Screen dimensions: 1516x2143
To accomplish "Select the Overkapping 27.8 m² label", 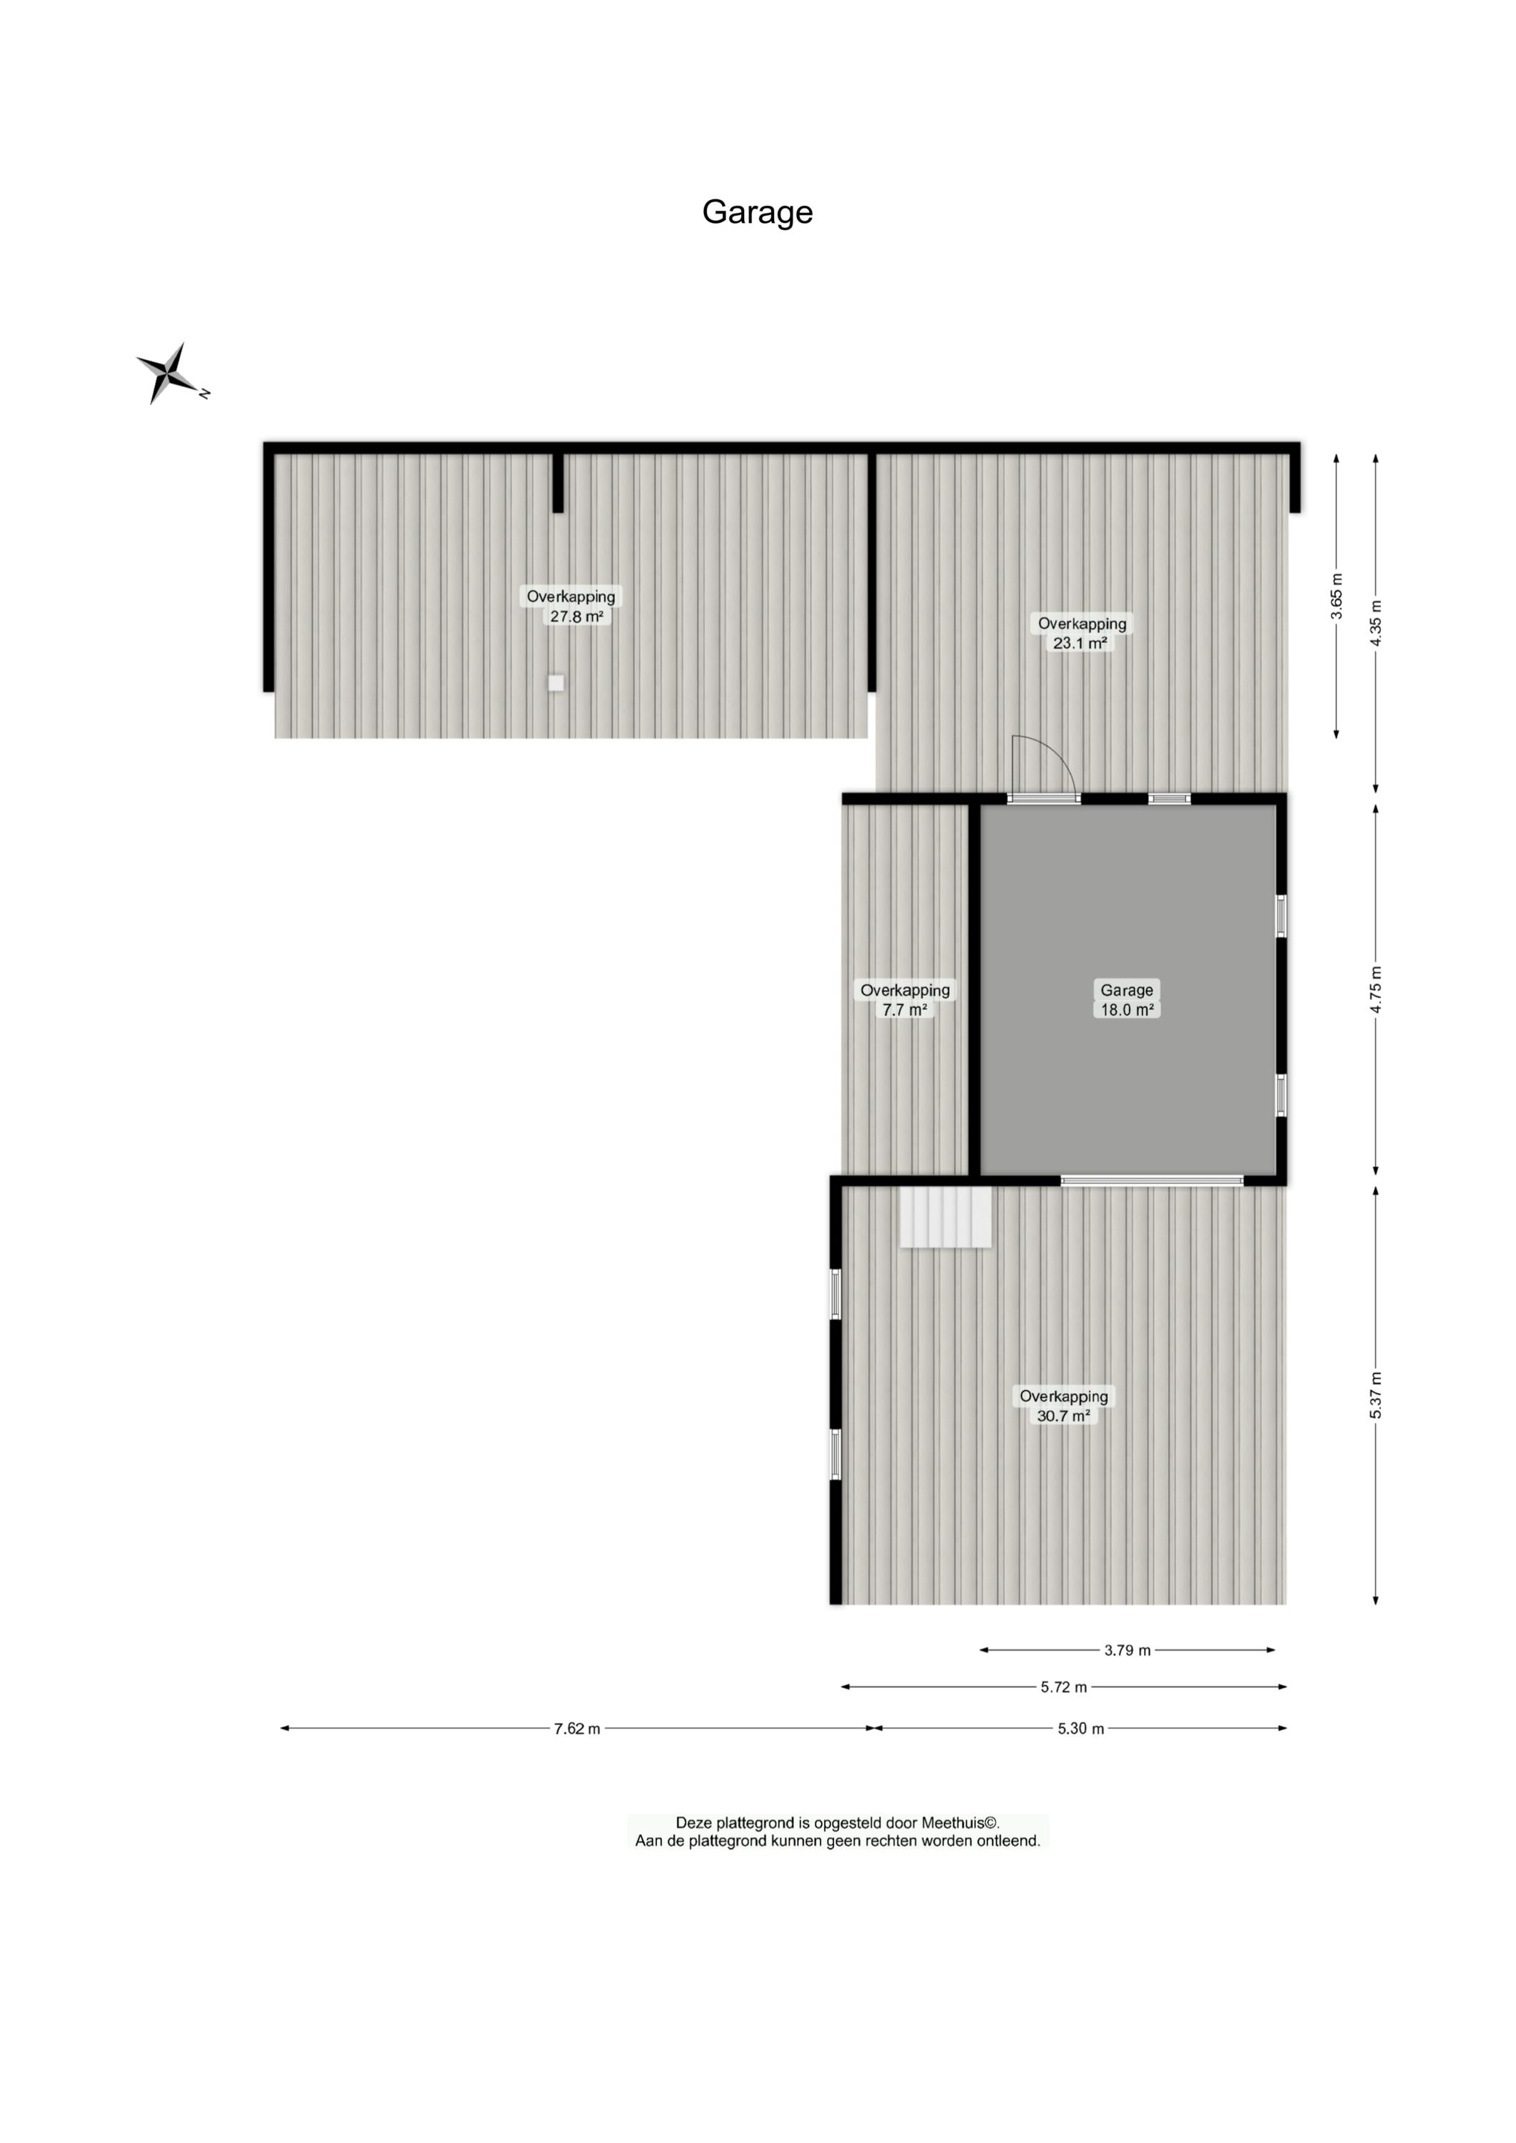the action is pos(571,606).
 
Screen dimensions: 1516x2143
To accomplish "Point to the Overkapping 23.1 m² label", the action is pos(1082,633).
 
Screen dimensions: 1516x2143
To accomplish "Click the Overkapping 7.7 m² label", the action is pos(905,999).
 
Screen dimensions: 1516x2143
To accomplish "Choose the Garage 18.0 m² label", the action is pos(1127,999).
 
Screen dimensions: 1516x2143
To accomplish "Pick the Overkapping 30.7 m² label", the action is pos(1063,1405).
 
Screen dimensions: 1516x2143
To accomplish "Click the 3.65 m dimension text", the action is pos(1337,596).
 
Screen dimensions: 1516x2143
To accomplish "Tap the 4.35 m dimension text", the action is pos(1375,623).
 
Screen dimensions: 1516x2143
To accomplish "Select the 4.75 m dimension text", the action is pos(1375,990).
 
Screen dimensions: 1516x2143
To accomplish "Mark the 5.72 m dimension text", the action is pos(1064,1687).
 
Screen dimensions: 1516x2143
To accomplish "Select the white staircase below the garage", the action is pos(945,1216).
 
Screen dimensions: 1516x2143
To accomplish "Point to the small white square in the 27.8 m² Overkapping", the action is pos(556,683).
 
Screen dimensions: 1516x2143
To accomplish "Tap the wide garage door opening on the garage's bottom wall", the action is pos(1152,1180).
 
